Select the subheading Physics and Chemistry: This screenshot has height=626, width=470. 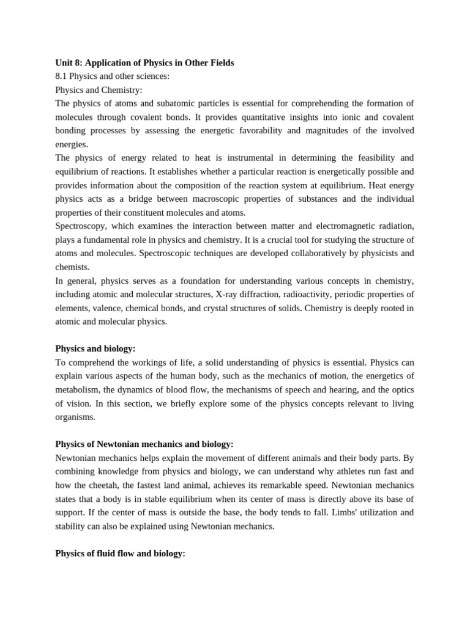(x=99, y=90)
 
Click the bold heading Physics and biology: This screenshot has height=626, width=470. (x=95, y=348)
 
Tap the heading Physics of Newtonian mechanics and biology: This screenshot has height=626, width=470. (x=144, y=444)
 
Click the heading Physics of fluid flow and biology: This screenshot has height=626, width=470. (x=120, y=553)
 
